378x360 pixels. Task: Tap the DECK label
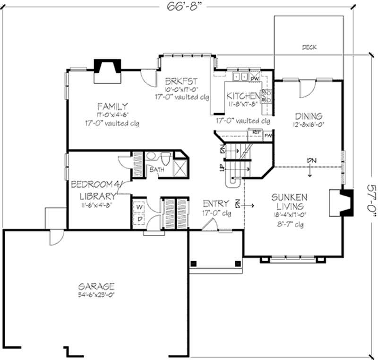tap(309, 47)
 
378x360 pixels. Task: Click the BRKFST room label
tap(181, 80)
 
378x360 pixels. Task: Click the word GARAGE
tap(96, 286)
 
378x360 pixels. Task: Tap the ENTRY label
tap(216, 204)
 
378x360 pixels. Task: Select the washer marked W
tap(140, 207)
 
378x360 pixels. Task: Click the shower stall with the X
tap(180, 168)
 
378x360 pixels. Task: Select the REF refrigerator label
tap(257, 132)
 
